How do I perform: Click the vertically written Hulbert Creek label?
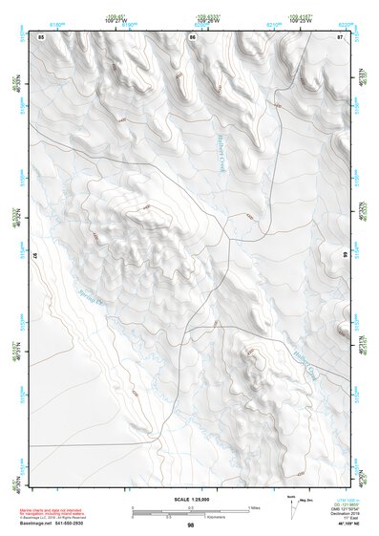(x=217, y=154)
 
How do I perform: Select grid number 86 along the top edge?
(x=192, y=36)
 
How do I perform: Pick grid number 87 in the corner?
(x=341, y=36)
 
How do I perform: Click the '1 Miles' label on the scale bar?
(x=253, y=506)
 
